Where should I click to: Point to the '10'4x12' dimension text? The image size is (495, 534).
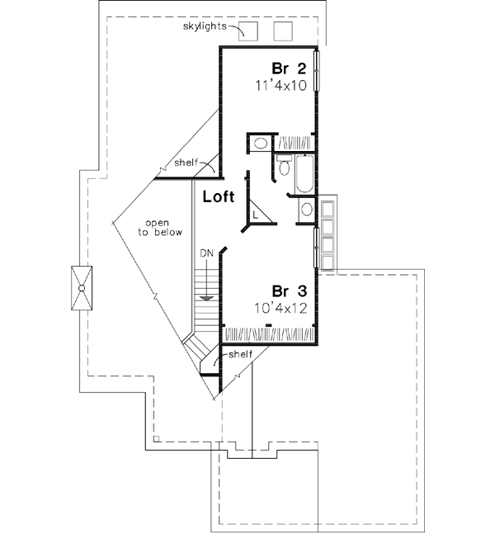click(282, 307)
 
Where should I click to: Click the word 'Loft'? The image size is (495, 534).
click(219, 197)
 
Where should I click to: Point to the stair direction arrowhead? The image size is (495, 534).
click(206, 295)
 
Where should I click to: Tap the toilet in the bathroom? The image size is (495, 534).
click(284, 168)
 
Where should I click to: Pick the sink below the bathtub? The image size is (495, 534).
click(306, 210)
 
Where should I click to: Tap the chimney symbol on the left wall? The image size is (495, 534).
click(82, 286)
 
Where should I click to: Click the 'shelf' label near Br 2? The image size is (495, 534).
click(186, 162)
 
